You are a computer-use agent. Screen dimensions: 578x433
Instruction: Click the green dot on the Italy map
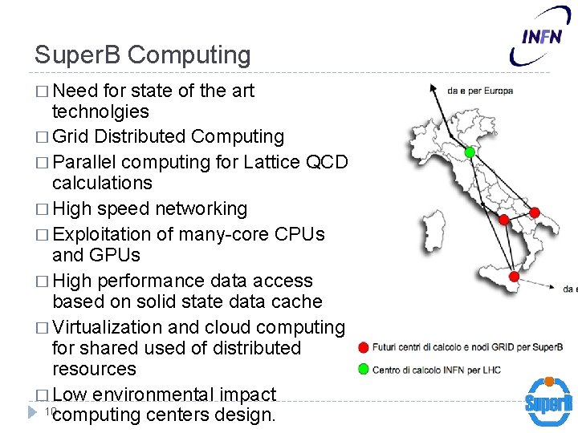pyautogui.click(x=470, y=152)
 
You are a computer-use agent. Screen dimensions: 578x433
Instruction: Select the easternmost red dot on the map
pyautogui.click(x=535, y=212)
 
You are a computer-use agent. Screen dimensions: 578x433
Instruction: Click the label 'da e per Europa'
pyautogui.click(x=480, y=91)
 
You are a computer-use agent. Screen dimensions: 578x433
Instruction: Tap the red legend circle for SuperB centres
pyautogui.click(x=364, y=347)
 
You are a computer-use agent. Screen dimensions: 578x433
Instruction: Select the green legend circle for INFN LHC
pyautogui.click(x=364, y=370)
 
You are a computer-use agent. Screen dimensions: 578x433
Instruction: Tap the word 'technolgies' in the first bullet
pyautogui.click(x=100, y=111)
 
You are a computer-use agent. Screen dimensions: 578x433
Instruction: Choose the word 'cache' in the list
pyautogui.click(x=297, y=301)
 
